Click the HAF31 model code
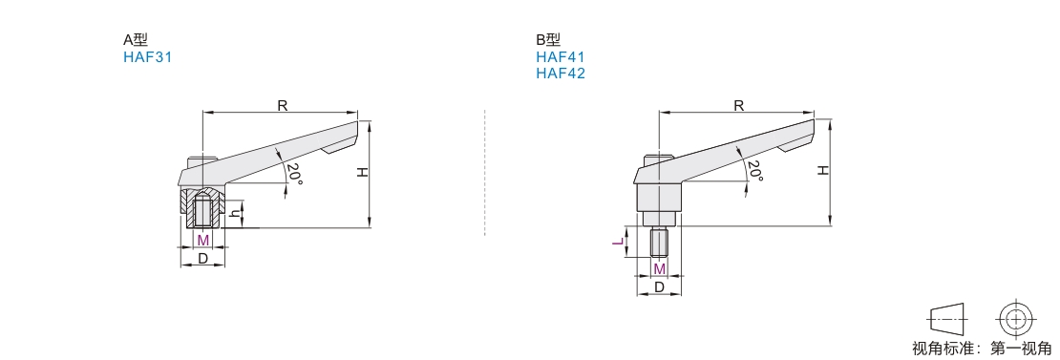[x=147, y=57]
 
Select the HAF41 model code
[x=561, y=57]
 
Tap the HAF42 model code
[x=561, y=73]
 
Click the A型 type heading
[x=136, y=40]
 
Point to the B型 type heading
[x=548, y=40]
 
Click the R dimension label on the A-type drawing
[x=283, y=105]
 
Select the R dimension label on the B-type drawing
[x=739, y=105]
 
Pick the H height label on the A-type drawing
[x=363, y=172]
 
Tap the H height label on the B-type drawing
[x=823, y=170]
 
